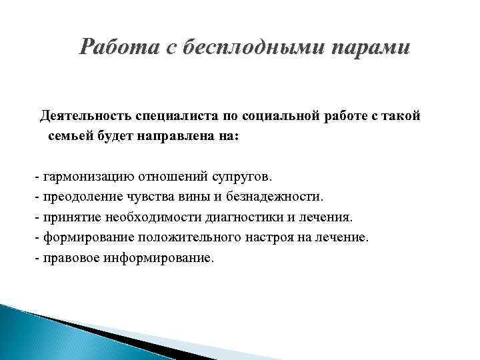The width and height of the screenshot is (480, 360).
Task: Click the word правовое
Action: point(71,257)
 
